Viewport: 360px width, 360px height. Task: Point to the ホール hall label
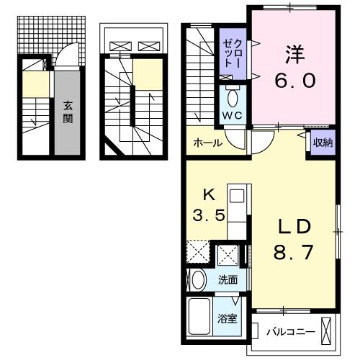point(207,143)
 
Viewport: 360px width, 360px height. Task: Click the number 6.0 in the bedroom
point(294,80)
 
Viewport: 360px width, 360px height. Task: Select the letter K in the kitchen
point(207,194)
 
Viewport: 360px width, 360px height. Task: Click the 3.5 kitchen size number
point(207,215)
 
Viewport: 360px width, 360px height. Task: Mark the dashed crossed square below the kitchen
point(198,254)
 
